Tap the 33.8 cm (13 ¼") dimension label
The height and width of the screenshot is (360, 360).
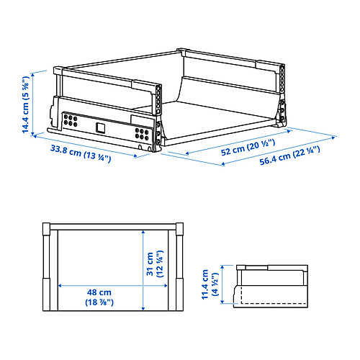[x=80, y=153]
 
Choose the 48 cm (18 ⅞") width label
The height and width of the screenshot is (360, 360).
[x=100, y=298]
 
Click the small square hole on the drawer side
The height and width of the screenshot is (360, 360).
[x=100, y=127]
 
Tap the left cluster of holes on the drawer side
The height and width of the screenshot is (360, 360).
[x=71, y=120]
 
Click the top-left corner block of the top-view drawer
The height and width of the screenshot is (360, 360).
[x=47, y=229]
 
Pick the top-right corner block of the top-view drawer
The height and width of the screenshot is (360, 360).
[x=178, y=229]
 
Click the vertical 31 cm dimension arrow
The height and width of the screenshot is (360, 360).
[x=144, y=266]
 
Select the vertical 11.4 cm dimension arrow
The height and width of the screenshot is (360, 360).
[x=220, y=284]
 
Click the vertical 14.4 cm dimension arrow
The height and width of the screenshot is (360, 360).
[x=40, y=103]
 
